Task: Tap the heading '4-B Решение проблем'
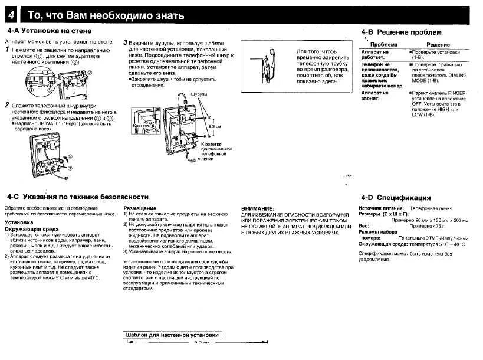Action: tap(401, 32)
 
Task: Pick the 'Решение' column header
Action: tap(438, 45)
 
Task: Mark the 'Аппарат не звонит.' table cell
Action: tap(375, 96)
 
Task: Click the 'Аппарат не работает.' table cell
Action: tap(375, 55)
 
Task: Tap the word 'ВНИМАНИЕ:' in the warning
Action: tap(258, 208)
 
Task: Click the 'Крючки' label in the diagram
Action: tap(141, 126)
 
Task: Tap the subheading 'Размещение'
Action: tap(140, 208)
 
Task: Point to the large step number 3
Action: tap(125, 43)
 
